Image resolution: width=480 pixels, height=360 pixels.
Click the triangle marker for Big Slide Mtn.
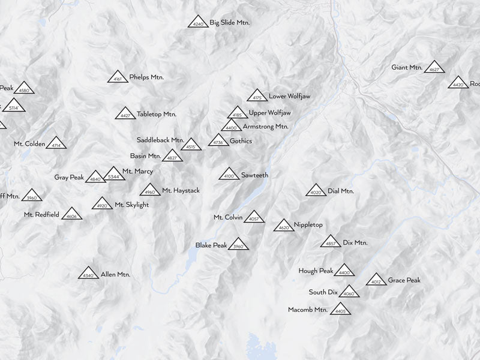coord(198,22)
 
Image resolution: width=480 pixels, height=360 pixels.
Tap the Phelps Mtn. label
coord(146,77)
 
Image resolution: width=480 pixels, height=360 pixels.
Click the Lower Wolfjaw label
coord(289,96)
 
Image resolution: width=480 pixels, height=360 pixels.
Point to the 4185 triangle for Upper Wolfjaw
coord(238,113)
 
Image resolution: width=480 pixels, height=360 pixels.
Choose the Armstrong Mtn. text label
coord(265,127)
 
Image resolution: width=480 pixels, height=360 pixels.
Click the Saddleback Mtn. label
coord(160,140)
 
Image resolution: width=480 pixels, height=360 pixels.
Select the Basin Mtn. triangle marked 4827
coord(172,156)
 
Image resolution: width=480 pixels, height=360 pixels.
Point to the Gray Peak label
coord(69,178)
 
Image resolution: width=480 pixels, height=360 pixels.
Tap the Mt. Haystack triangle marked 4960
coord(150,190)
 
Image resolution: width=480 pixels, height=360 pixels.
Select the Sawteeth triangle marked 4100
coord(229,174)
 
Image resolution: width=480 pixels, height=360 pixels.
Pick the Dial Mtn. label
coord(341,191)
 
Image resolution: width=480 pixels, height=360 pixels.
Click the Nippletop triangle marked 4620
coord(284,226)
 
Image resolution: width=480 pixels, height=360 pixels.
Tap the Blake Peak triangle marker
coord(238,244)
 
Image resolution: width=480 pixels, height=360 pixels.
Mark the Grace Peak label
coord(404,280)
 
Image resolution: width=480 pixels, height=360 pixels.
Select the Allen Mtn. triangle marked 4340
coord(88,273)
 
